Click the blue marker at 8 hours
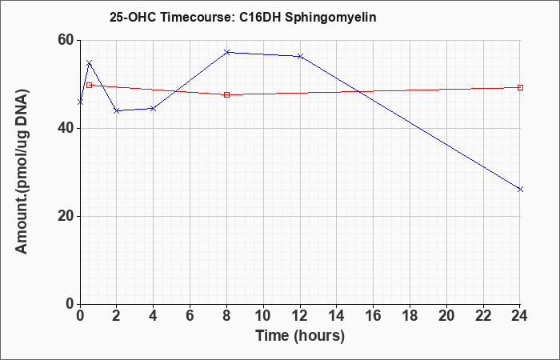click(x=226, y=52)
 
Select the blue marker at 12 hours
click(x=300, y=56)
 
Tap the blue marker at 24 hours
click(x=520, y=189)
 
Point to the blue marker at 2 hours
click(x=117, y=110)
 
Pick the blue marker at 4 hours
click(x=154, y=108)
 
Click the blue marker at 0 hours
click(x=80, y=102)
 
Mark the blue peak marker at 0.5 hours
click(x=90, y=63)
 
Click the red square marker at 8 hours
click(x=226, y=94)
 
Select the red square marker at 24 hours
click(x=520, y=87)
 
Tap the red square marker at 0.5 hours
click(x=90, y=85)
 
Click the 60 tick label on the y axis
click(x=66, y=40)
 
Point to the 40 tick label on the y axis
click(x=66, y=128)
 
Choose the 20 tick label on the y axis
click(x=66, y=216)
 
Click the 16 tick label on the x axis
click(x=374, y=316)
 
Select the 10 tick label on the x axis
click(x=263, y=316)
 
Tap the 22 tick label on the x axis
click(x=483, y=316)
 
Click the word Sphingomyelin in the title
click(x=330, y=18)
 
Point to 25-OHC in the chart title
click(x=133, y=17)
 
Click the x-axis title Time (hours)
click(x=300, y=336)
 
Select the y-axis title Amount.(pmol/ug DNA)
click(x=22, y=171)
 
